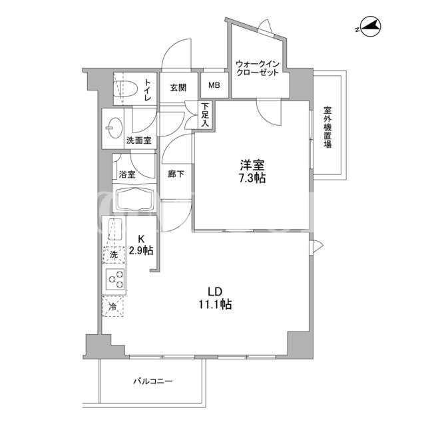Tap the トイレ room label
pos(147,90)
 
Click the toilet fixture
pos(126,89)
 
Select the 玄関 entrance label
pos(178,88)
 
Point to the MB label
pos(214,85)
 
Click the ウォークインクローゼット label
pos(258,69)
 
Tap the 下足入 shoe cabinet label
pos(205,114)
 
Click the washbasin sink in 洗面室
pos(114,128)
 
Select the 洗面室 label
pos(139,140)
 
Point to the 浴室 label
pos(127,174)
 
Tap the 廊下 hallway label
pos(176,174)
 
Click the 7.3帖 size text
pos(252,178)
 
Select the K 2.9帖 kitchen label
pos(141,244)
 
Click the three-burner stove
pos(114,279)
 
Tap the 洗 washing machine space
pos(114,255)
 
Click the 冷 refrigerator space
pos(113,306)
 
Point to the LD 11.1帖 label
pos(215,298)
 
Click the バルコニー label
pos(153,381)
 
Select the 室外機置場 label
pos(327,127)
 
